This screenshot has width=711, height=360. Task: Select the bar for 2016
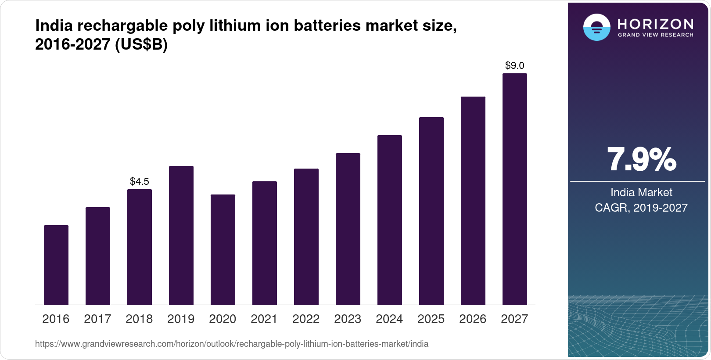56,265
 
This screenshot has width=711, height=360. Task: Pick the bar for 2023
348,229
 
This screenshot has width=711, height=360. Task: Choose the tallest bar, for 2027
515,189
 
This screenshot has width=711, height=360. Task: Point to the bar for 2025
431,211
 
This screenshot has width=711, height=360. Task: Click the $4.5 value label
140,181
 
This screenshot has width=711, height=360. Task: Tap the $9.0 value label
515,66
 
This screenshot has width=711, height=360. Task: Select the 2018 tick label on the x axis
139,319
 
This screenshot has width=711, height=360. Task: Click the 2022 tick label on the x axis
306,319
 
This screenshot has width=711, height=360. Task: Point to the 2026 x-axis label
473,319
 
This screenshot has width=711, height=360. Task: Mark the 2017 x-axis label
97,319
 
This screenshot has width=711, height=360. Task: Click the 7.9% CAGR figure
641,160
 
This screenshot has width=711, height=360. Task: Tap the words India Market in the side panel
641,192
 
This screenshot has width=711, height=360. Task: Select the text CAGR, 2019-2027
641,208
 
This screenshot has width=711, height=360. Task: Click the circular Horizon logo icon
596,27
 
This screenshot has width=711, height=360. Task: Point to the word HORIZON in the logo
655,24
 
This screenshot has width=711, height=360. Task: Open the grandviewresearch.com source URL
232,344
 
